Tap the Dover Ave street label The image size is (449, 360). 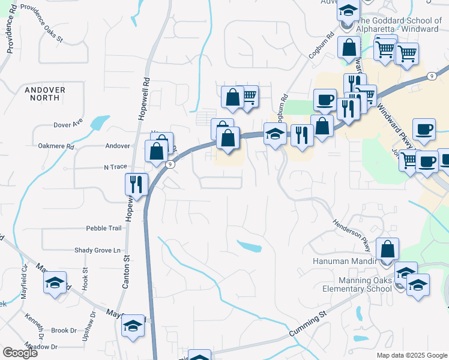(x=68, y=125)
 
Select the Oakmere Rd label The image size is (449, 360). (x=55, y=146)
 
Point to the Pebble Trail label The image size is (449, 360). (x=104, y=229)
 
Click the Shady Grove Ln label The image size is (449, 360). (x=97, y=250)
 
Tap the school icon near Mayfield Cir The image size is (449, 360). (x=55, y=282)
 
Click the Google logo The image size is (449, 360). (x=20, y=353)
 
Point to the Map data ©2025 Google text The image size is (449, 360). (x=411, y=355)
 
